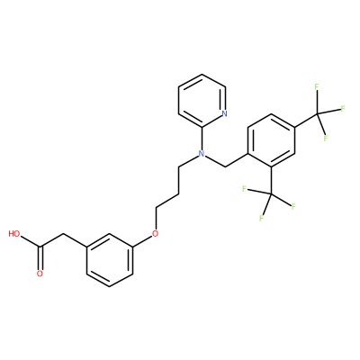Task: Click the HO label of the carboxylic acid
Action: (x=14, y=234)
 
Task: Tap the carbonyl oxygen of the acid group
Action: (x=40, y=274)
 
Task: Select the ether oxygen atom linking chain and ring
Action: (x=155, y=233)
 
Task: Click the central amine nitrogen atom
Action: (x=202, y=154)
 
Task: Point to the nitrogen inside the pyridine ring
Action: (x=225, y=113)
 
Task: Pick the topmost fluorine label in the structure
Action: (x=317, y=87)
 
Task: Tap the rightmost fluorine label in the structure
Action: (x=342, y=109)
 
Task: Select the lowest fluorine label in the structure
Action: (x=262, y=218)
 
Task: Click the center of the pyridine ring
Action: (x=202, y=101)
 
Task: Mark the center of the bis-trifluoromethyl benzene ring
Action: (x=272, y=140)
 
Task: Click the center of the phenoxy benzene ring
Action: (x=110, y=260)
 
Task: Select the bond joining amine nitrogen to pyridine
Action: (x=202, y=139)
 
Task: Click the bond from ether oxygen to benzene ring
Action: (x=142, y=240)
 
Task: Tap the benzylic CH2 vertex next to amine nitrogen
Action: (x=225, y=166)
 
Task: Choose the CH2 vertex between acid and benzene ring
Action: (x=63, y=233)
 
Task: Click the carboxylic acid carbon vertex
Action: (x=40, y=247)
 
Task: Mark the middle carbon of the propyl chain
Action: (x=178, y=193)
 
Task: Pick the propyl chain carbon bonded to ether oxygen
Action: (x=156, y=207)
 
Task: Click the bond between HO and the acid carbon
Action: (x=30, y=241)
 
